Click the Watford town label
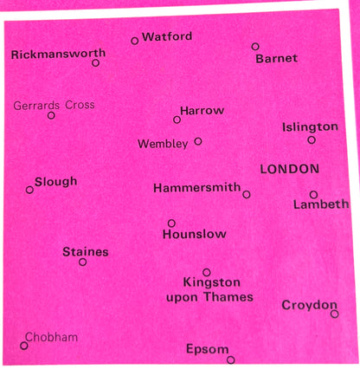click(167, 36)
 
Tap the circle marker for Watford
click(134, 41)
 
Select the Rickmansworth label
click(57, 55)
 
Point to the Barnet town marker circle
click(255, 47)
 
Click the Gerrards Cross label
click(55, 105)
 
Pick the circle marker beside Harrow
click(177, 120)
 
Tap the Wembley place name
click(163, 144)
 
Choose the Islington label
click(310, 126)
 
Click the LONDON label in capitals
click(290, 168)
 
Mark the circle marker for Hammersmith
click(247, 195)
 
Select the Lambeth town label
click(321, 205)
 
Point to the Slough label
click(56, 181)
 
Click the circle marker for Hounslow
click(171, 223)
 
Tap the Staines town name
click(86, 251)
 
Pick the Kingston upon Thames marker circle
click(207, 272)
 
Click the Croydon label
click(309, 305)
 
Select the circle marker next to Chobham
click(24, 346)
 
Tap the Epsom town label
click(208, 349)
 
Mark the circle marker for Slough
click(29, 189)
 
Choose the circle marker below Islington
click(312, 139)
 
